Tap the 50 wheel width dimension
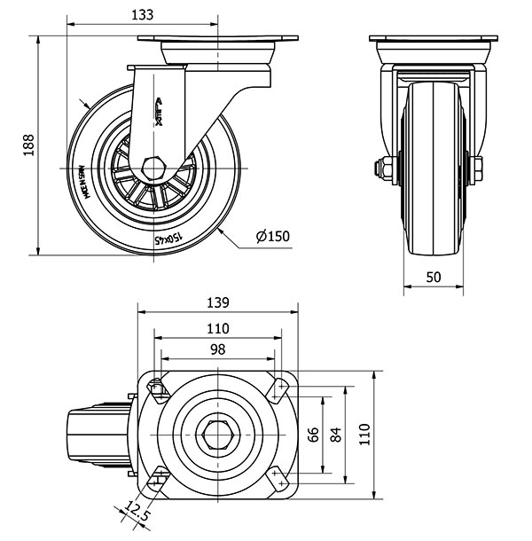pyautogui.click(x=434, y=276)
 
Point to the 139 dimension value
pyautogui.click(x=218, y=302)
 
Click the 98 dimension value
pyautogui.click(x=217, y=349)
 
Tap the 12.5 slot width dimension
pyautogui.click(x=135, y=513)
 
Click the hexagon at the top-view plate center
pyautogui.click(x=217, y=434)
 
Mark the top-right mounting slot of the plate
pyautogui.click(x=279, y=386)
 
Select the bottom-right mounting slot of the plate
pyautogui.click(x=279, y=480)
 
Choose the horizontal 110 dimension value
pyautogui.click(x=218, y=327)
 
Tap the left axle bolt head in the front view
pyautogui.click(x=388, y=167)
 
